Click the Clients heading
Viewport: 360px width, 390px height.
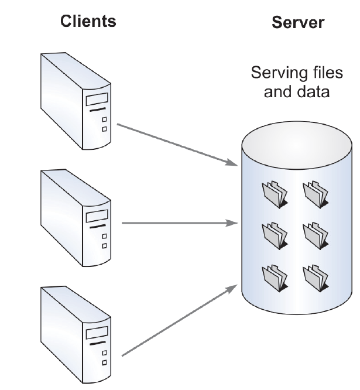coord(88,21)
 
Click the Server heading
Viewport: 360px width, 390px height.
coord(298,22)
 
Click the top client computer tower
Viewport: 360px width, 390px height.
coord(76,101)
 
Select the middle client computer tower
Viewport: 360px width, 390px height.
coord(76,218)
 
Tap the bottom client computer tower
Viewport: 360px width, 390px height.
coord(76,335)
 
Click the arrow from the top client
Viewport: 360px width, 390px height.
coord(177,145)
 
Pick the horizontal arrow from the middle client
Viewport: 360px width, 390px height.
coord(180,223)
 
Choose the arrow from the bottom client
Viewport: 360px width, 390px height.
coord(180,320)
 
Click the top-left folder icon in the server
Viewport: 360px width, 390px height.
coord(275,194)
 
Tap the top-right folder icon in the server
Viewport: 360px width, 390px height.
coord(316,194)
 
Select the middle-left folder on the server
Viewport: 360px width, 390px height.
coord(275,236)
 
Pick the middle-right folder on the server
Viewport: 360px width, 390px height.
coord(316,236)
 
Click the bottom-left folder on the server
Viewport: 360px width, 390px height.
coord(275,278)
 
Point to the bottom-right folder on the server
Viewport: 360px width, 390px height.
coord(316,278)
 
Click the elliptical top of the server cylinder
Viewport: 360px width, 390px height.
coord(297,145)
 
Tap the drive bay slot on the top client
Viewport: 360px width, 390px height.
coord(97,99)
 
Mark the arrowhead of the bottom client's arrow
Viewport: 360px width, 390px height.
coord(232,289)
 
